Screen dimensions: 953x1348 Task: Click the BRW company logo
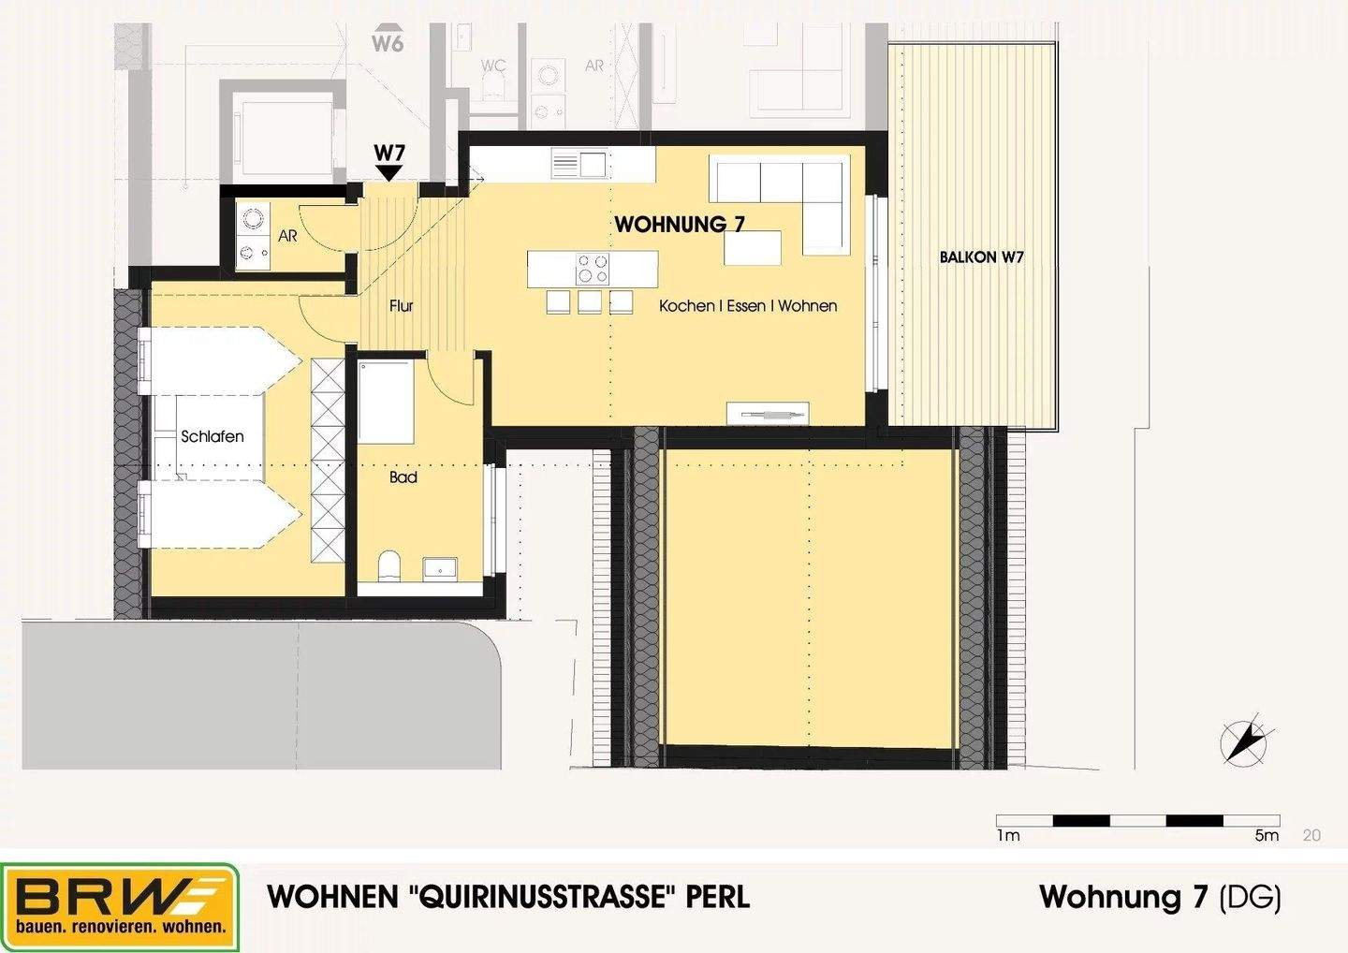click(x=120, y=905)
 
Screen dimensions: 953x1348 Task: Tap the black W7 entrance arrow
click(x=388, y=173)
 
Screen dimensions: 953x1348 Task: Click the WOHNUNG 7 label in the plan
click(x=680, y=224)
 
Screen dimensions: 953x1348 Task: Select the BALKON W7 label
click(x=981, y=257)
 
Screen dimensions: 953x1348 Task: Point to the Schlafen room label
click(x=212, y=436)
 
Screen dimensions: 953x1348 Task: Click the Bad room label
click(x=403, y=477)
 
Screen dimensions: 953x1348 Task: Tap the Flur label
click(x=402, y=305)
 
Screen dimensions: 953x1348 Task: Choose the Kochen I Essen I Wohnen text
click(x=748, y=306)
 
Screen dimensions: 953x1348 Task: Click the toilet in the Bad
click(x=389, y=565)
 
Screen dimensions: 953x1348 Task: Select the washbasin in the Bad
click(x=440, y=567)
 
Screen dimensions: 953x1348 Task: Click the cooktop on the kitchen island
click(x=593, y=270)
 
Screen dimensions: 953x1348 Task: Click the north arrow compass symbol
click(x=1244, y=742)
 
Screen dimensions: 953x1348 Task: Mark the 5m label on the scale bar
click(x=1266, y=835)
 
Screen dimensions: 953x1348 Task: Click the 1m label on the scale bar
click(x=1008, y=835)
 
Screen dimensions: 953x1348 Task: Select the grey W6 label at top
click(x=388, y=42)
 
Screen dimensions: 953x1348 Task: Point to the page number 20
click(x=1311, y=835)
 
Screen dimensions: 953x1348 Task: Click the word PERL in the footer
click(x=718, y=897)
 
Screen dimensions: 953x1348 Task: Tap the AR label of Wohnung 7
click(x=287, y=236)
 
